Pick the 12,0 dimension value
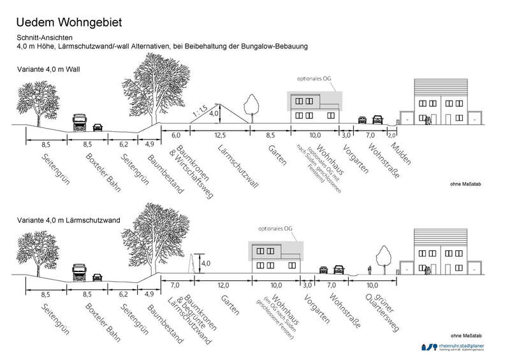224,285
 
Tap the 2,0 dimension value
391,135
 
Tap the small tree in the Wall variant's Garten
249,108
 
